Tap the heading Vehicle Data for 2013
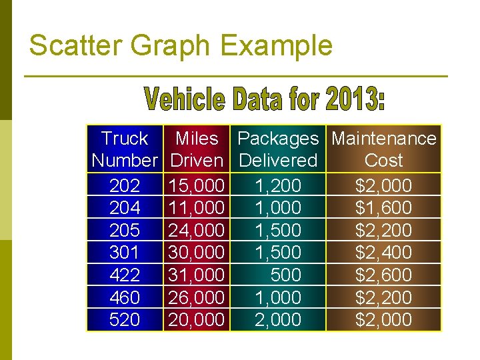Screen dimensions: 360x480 pyautogui.click(x=265, y=100)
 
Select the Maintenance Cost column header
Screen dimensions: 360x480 pyautogui.click(x=383, y=149)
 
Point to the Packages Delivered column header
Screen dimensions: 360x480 pyautogui.click(x=278, y=149)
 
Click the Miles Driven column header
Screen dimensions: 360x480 pyautogui.click(x=197, y=149)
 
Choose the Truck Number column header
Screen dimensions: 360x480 pyautogui.click(x=125, y=149)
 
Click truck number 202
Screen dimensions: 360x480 pyautogui.click(x=125, y=185)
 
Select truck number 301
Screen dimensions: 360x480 pyautogui.click(x=125, y=253)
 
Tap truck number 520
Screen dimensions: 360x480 pyautogui.click(x=125, y=320)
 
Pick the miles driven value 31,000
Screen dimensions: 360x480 pyautogui.click(x=197, y=275)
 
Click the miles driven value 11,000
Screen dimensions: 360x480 pyautogui.click(x=197, y=208)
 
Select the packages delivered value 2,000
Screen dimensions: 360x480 pyautogui.click(x=278, y=320)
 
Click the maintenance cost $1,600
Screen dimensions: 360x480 pyautogui.click(x=383, y=208)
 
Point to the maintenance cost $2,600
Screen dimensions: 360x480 pyautogui.click(x=383, y=275)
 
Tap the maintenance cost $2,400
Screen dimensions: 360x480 pyautogui.click(x=383, y=253)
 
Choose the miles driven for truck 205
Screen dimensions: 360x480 pyautogui.click(x=197, y=230)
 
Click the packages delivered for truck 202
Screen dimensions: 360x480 pyautogui.click(x=278, y=185)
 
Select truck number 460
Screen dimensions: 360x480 pyautogui.click(x=125, y=297)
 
